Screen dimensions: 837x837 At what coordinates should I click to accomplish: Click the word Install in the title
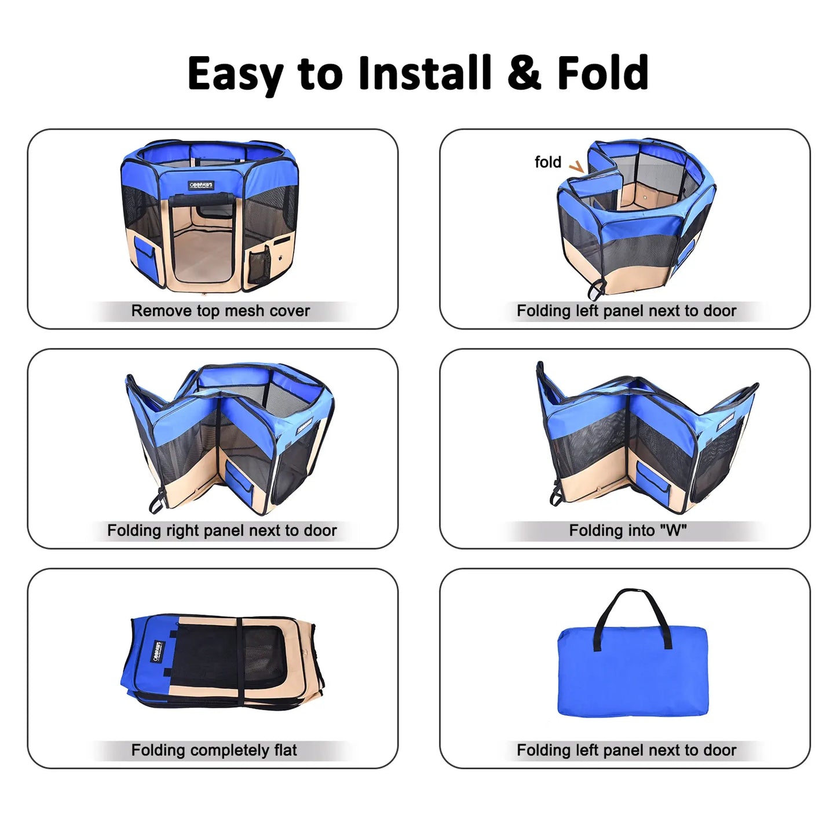coord(425,74)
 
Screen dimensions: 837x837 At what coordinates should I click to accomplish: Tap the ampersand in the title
coord(524,74)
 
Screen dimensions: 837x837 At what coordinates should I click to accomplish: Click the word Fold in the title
coord(602,74)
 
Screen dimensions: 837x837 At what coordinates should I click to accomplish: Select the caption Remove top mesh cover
coord(221,311)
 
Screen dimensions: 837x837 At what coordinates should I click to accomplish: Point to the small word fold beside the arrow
coord(547,162)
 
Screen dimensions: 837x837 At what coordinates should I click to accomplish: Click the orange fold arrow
coord(576,167)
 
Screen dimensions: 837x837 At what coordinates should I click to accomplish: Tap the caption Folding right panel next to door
coord(222,531)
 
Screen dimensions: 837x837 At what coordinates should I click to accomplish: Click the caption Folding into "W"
coord(627,531)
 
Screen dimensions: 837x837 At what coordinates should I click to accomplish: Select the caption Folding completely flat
coord(214,751)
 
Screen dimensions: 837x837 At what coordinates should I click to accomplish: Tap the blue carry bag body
coord(632,672)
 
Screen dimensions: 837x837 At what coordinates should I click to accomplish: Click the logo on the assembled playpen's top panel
coord(201,185)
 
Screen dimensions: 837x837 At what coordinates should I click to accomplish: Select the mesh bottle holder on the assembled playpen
coord(258,264)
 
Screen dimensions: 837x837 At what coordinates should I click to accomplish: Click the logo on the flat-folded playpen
coord(157,651)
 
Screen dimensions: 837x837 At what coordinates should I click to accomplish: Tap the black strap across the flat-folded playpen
coord(239,660)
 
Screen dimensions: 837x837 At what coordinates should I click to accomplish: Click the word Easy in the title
coord(235,74)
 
